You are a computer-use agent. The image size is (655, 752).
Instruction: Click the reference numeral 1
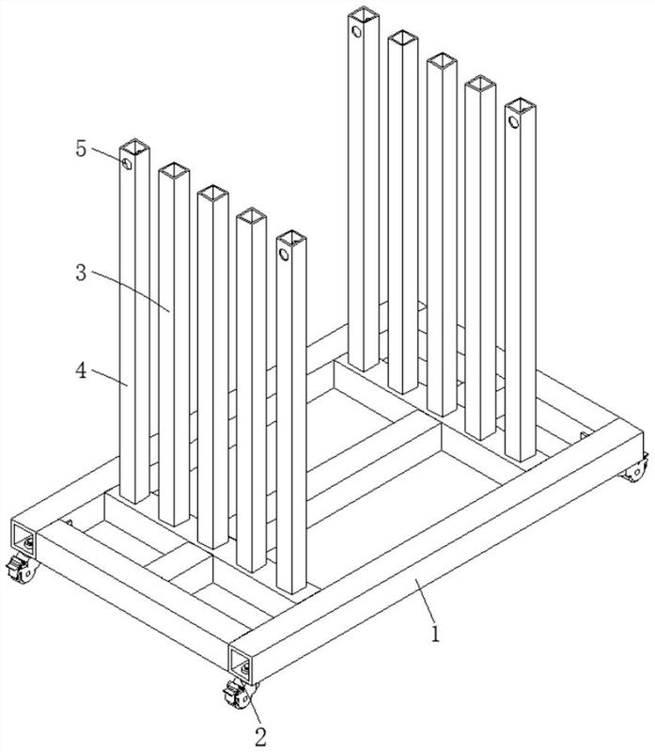[435, 634]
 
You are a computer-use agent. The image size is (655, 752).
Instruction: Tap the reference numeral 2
[260, 737]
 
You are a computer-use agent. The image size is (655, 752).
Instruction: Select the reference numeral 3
[82, 273]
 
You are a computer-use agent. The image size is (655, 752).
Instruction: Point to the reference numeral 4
[82, 370]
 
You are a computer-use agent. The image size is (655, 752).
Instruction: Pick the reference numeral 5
[81, 149]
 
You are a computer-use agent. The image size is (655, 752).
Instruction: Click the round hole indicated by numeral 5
[127, 164]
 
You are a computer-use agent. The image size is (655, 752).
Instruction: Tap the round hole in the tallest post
[356, 32]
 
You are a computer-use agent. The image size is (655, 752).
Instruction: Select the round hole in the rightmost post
[513, 122]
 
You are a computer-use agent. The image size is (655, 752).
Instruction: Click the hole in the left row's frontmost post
[284, 254]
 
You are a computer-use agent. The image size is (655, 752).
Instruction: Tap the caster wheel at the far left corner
[22, 569]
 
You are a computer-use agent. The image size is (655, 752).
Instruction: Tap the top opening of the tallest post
[364, 14]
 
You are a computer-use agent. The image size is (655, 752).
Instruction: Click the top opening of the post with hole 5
[134, 147]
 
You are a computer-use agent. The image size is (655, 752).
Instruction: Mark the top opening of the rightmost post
[521, 106]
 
